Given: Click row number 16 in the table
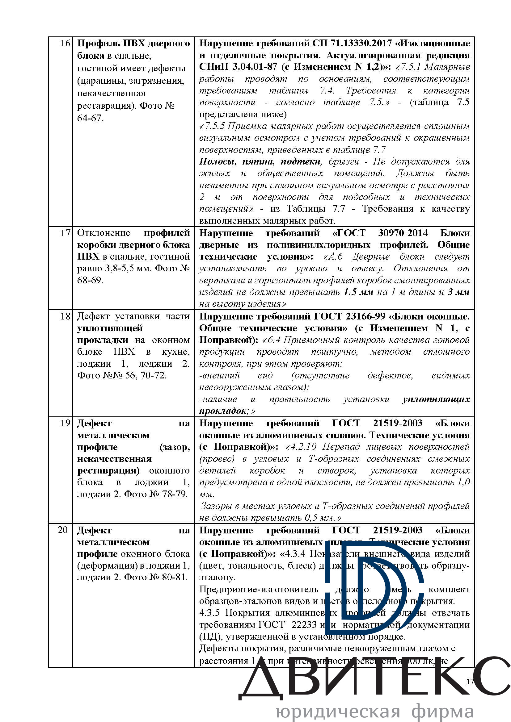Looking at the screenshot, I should tap(65, 43).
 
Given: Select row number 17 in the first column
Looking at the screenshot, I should tap(65, 233).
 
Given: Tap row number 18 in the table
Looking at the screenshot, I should tap(65, 316).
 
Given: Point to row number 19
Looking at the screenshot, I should tap(65, 423).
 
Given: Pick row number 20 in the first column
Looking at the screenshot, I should tap(63, 530).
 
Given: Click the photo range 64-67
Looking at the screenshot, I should tap(90, 118).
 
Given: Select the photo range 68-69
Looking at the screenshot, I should tap(90, 280).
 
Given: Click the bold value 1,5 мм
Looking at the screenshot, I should tap(358, 292).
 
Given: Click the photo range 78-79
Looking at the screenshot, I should tap(174, 494).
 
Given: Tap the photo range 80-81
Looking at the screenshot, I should tap(174, 577).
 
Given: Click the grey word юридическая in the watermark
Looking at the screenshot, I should tap(338, 711).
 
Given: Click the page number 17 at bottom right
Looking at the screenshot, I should tap(470, 682).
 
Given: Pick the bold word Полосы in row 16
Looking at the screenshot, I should tap(217, 162).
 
